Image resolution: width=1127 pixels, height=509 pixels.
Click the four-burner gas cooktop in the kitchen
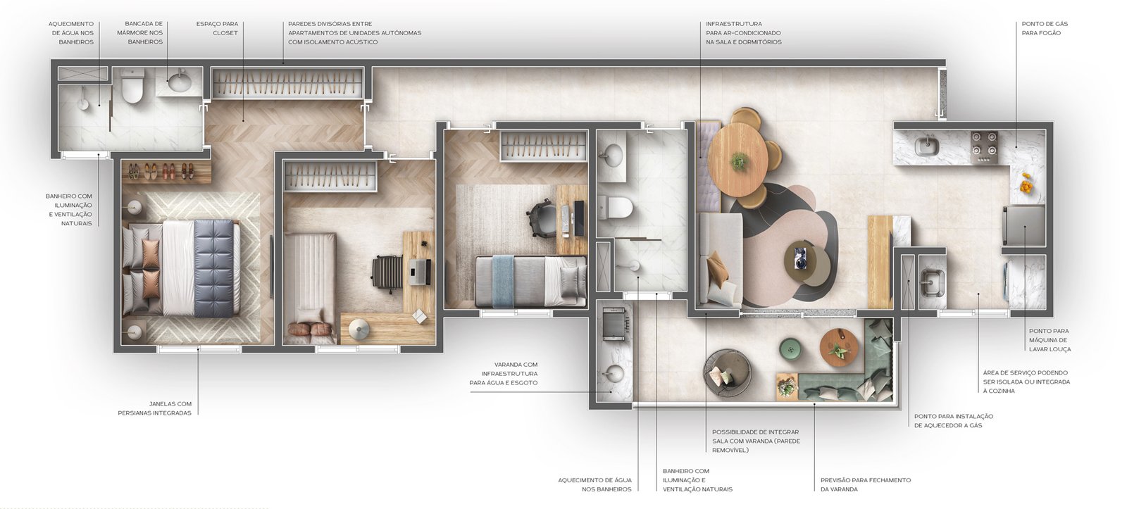coord(984,146)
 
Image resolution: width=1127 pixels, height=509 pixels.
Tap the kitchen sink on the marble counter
coord(927,146)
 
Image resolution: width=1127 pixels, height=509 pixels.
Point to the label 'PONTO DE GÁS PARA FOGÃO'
coord(1045,28)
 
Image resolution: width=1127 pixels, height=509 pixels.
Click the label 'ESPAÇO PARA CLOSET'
coord(217,28)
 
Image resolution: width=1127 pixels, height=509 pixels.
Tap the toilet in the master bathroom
coord(133,86)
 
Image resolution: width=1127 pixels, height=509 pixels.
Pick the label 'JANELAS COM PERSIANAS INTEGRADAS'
coord(155,408)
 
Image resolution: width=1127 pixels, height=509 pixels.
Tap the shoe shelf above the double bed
coord(166,172)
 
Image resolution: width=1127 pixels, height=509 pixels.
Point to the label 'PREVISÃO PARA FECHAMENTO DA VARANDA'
coord(866,484)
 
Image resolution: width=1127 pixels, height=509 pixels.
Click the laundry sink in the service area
coord(933,282)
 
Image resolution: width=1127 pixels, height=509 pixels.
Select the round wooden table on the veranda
coord(839,347)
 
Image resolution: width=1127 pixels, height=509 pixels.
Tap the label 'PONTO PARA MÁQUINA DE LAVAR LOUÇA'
coord(1050,340)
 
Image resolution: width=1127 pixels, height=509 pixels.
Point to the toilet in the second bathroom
coord(617,207)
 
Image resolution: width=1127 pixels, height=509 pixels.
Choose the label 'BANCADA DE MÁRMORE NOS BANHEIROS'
coord(144,32)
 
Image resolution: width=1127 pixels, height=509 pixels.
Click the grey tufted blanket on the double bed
coord(214,268)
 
